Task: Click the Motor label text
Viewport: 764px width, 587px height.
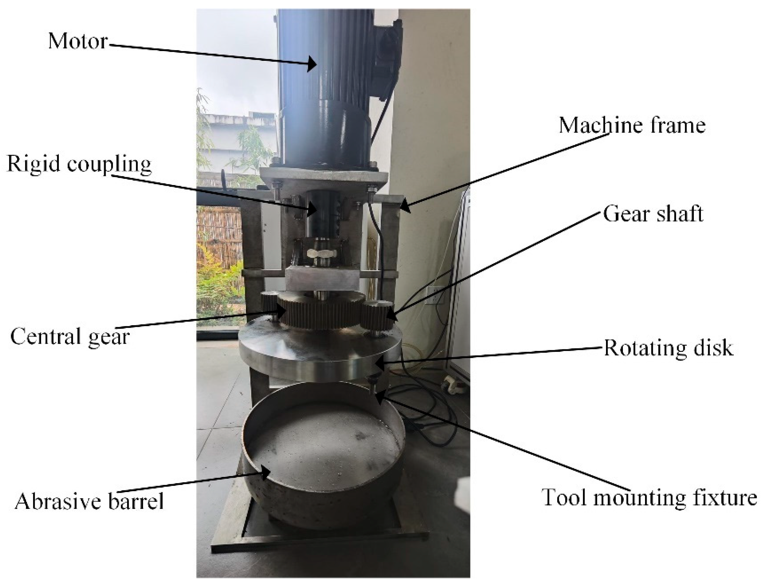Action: coord(78,41)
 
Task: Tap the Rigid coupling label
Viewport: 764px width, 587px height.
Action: coord(79,163)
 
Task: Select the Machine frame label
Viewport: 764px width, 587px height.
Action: coord(632,125)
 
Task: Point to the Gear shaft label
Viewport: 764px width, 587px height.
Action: coord(653,214)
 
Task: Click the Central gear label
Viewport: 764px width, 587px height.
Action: coord(70,337)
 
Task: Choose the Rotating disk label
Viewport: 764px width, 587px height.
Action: coord(668,348)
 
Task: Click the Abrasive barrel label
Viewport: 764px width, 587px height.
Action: coord(89,501)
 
